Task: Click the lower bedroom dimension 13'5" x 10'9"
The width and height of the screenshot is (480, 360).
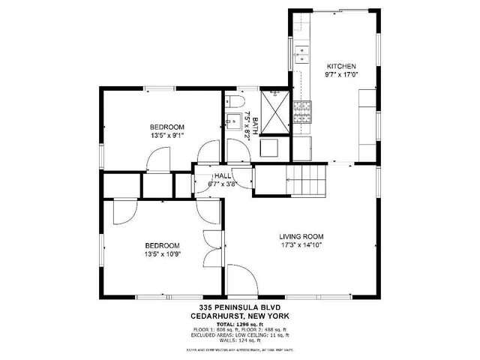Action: point(162,253)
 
